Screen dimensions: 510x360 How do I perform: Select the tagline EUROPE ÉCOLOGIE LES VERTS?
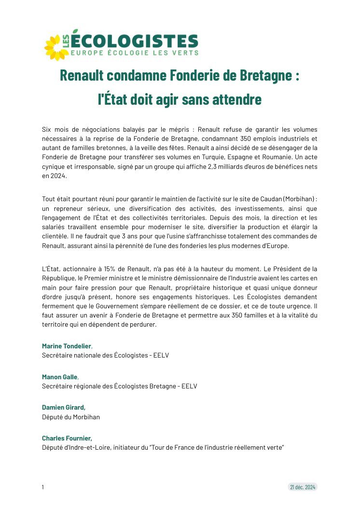click(x=134, y=52)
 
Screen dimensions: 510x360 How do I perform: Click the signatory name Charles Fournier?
click(x=67, y=438)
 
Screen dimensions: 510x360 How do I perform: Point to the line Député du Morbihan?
click(x=71, y=417)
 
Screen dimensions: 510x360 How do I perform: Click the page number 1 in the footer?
click(x=43, y=487)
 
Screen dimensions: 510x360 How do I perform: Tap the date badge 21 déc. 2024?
click(x=303, y=487)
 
